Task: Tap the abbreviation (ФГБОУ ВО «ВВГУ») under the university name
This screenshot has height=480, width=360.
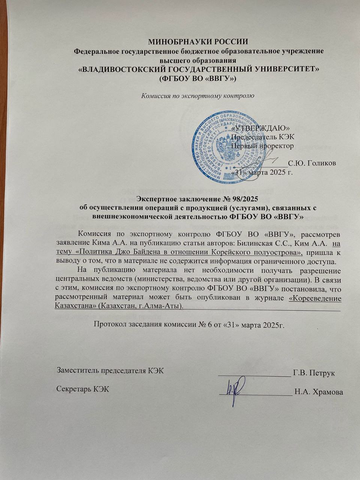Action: point(198,78)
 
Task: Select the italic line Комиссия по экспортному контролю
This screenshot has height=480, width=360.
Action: point(198,95)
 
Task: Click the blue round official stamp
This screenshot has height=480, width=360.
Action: point(227,142)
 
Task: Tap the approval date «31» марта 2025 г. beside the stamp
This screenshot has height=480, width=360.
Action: point(262,172)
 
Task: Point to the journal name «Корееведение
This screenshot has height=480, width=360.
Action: point(315,298)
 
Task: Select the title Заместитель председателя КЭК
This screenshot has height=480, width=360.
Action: point(110,371)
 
